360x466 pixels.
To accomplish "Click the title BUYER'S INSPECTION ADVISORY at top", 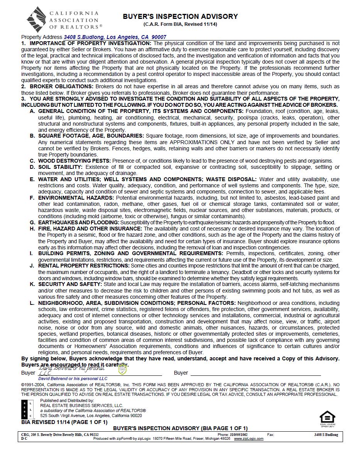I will (x=180, y=17).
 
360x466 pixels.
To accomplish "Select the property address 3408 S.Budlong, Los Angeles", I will (x=115, y=37).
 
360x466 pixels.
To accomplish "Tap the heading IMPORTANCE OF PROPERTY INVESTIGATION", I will (x=91, y=43).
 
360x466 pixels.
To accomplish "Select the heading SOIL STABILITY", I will (x=60, y=167).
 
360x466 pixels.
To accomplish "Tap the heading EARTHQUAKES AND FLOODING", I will (x=78, y=222).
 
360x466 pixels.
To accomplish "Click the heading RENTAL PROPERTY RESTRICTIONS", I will (x=84, y=266).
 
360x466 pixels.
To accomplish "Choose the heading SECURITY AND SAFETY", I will (x=70, y=284).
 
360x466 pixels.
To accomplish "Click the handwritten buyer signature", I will (x=71, y=370).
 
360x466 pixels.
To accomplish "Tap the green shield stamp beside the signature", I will (x=122, y=370).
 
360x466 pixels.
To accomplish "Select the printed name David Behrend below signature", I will (x=73, y=379).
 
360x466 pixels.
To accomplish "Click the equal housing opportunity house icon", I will (x=327, y=417).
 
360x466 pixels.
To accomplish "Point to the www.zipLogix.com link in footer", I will (x=248, y=439).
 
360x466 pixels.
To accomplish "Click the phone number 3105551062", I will (x=238, y=434).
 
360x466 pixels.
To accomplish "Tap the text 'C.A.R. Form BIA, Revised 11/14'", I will (x=180, y=24).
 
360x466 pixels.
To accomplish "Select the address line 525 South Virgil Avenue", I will (x=91, y=416).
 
